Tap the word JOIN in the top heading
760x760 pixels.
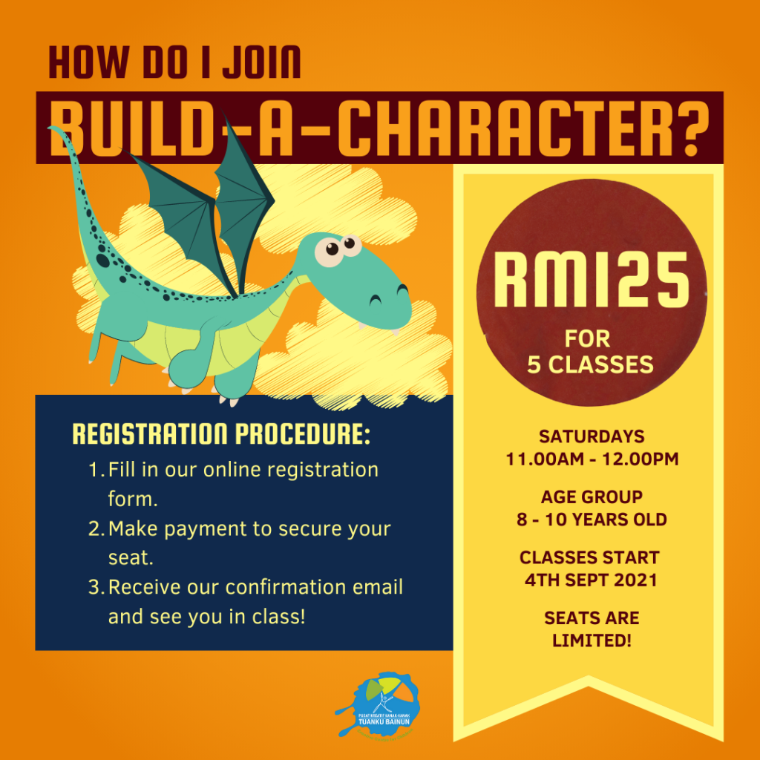tap(262, 62)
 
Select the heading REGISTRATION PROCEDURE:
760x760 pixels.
tap(221, 433)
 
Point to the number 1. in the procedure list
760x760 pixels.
tap(96, 470)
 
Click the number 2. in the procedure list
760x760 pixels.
tap(96, 528)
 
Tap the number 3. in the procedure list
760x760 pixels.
tap(96, 587)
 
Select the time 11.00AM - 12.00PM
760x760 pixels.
tap(592, 459)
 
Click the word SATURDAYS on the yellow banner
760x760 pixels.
tap(592, 436)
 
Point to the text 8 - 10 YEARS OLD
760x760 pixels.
tap(592, 520)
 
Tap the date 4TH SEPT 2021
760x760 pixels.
tap(591, 580)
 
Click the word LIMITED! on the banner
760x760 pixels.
tap(592, 641)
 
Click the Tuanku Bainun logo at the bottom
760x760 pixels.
tap(378, 704)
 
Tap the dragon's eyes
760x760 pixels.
tap(338, 249)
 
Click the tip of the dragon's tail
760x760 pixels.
tap(50, 128)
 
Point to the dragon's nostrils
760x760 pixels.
tap(388, 294)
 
